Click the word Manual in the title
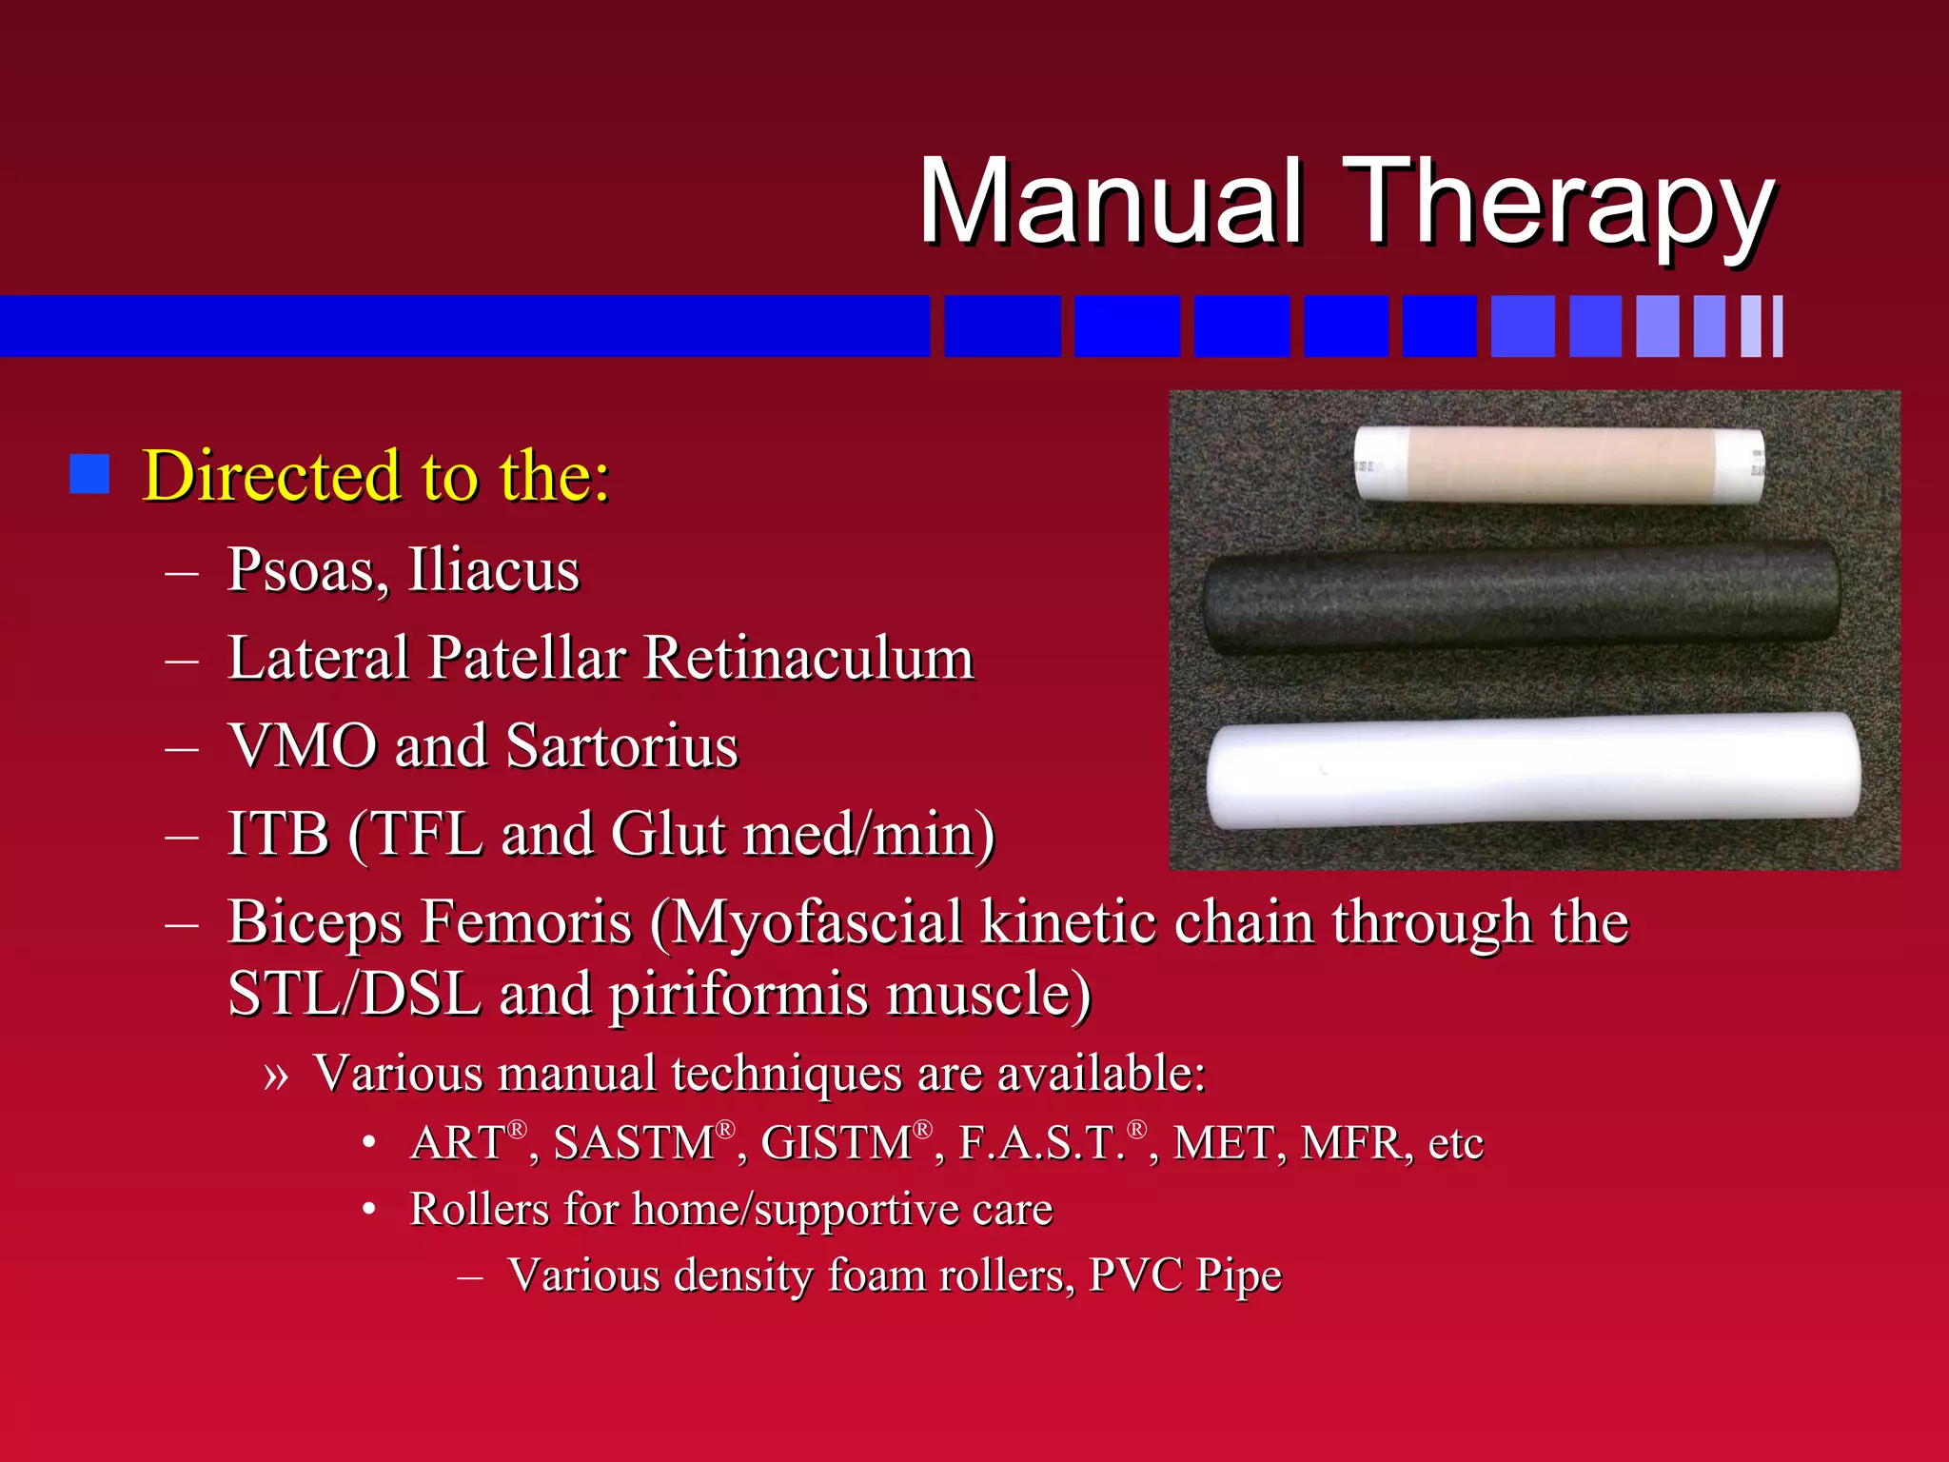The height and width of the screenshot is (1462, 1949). (x=1110, y=202)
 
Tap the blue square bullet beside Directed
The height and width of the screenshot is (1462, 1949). (x=89, y=474)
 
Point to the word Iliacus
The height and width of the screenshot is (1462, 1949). (x=493, y=569)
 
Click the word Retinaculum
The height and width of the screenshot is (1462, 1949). (x=809, y=658)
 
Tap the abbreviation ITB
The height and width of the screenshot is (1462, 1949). (x=278, y=834)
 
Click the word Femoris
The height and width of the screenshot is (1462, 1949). (x=526, y=921)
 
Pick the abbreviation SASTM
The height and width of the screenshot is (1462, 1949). (x=634, y=1142)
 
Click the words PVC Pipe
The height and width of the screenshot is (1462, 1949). (x=1185, y=1274)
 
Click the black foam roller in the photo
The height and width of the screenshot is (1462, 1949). (x=1521, y=598)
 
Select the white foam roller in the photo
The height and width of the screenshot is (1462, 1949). (x=1532, y=771)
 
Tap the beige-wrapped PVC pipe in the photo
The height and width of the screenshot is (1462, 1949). (x=1558, y=464)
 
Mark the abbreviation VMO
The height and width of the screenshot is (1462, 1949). (x=303, y=745)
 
